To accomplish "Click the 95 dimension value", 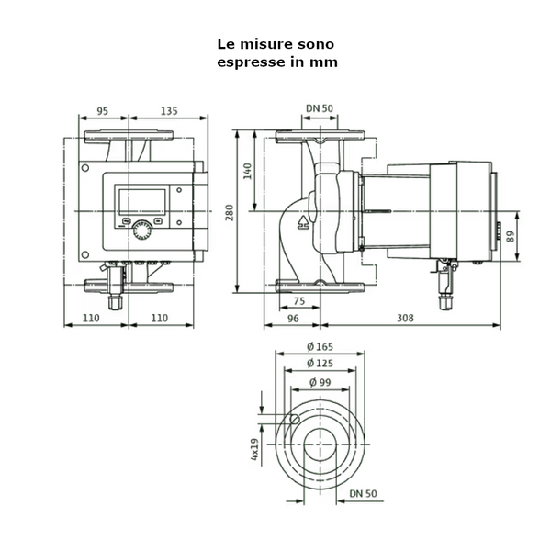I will coord(102,111).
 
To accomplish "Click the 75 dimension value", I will coord(298,302).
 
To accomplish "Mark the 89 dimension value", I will coord(511,236).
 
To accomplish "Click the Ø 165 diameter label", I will coord(319,346).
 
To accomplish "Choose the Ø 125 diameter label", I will coord(319,364).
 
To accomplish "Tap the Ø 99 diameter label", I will coord(319,381).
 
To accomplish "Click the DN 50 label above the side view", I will coord(319,108).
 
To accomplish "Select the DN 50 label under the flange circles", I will coord(364,493).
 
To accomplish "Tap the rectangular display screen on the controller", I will coord(141,202).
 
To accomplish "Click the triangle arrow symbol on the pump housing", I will coord(303,221).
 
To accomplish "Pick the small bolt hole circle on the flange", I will coord(294,420).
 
